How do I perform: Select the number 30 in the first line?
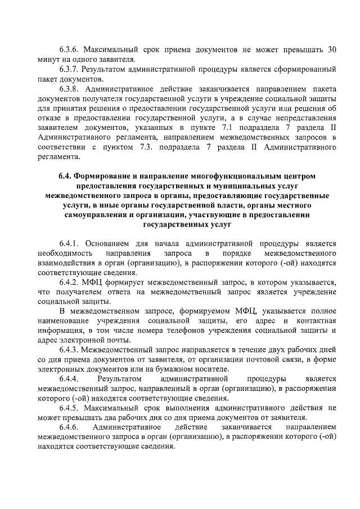(332, 49)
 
